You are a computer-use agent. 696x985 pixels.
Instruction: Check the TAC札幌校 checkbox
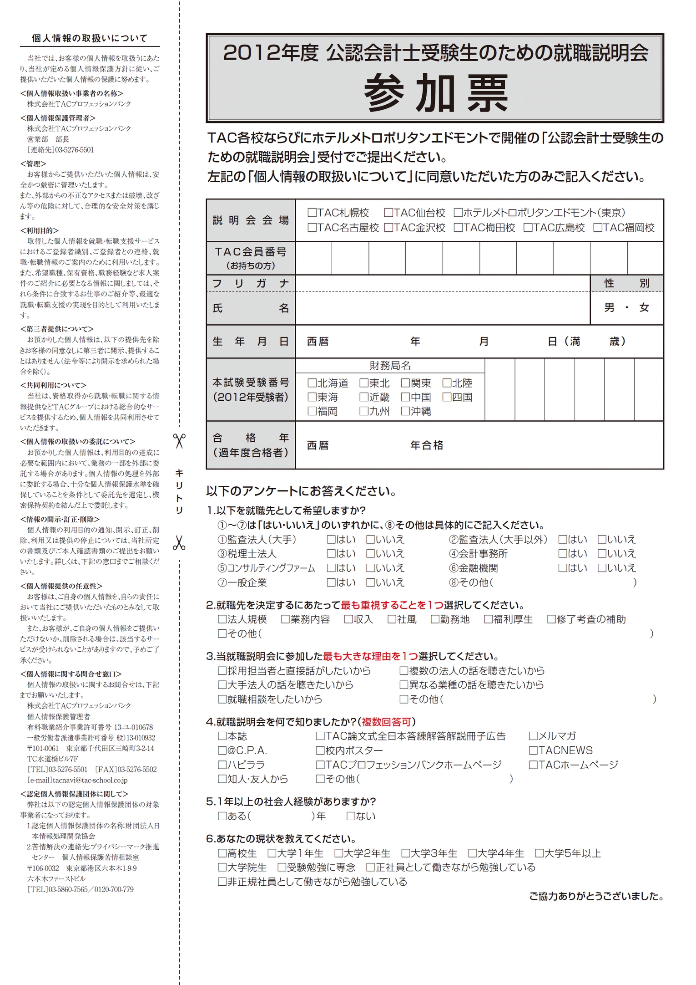tap(312, 213)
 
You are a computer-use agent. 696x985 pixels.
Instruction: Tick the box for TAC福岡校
tap(598, 228)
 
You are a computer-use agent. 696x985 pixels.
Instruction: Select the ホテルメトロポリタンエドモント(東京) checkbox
tap(458, 213)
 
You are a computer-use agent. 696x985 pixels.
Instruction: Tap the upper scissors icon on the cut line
tap(179, 441)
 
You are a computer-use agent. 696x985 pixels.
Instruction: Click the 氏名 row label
tap(251, 308)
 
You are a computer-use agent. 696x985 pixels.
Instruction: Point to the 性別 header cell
tap(626, 283)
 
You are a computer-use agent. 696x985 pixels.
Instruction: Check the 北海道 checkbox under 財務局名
tap(312, 383)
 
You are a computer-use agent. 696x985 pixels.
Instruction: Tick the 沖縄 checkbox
tap(405, 411)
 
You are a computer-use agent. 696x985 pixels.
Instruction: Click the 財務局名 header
tap(390, 365)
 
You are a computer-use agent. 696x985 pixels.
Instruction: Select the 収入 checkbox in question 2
tap(349, 619)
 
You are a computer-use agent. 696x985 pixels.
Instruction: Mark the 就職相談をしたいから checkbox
tap(222, 699)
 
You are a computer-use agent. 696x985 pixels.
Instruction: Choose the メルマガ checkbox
tap(533, 736)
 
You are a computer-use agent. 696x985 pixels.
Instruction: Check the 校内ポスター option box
tap(320, 750)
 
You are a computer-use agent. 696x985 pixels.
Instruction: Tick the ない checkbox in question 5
tap(351, 816)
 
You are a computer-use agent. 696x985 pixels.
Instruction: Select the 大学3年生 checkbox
tap(406, 853)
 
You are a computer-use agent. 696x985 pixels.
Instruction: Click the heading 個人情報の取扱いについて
tap(90, 39)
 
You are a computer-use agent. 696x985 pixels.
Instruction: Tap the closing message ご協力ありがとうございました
tap(596, 896)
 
